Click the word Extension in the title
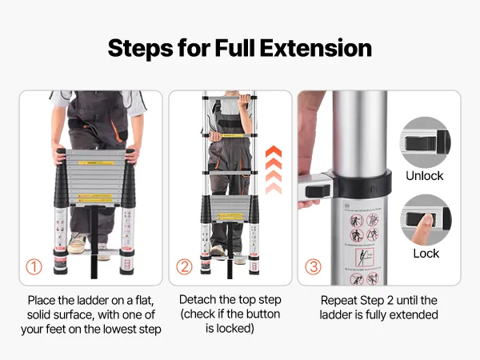pyautogui.click(x=316, y=48)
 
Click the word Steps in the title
pyautogui.click(x=141, y=48)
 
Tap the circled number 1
pyautogui.click(x=34, y=267)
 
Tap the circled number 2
pyautogui.click(x=184, y=267)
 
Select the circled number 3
pyautogui.click(x=313, y=267)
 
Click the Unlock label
pyautogui.click(x=424, y=176)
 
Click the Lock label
pyautogui.click(x=426, y=254)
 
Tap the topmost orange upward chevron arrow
pyautogui.click(x=274, y=151)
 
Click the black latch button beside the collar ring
pyautogui.click(x=318, y=191)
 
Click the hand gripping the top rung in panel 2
pyautogui.click(x=244, y=100)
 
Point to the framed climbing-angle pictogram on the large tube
pyautogui.click(x=364, y=257)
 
